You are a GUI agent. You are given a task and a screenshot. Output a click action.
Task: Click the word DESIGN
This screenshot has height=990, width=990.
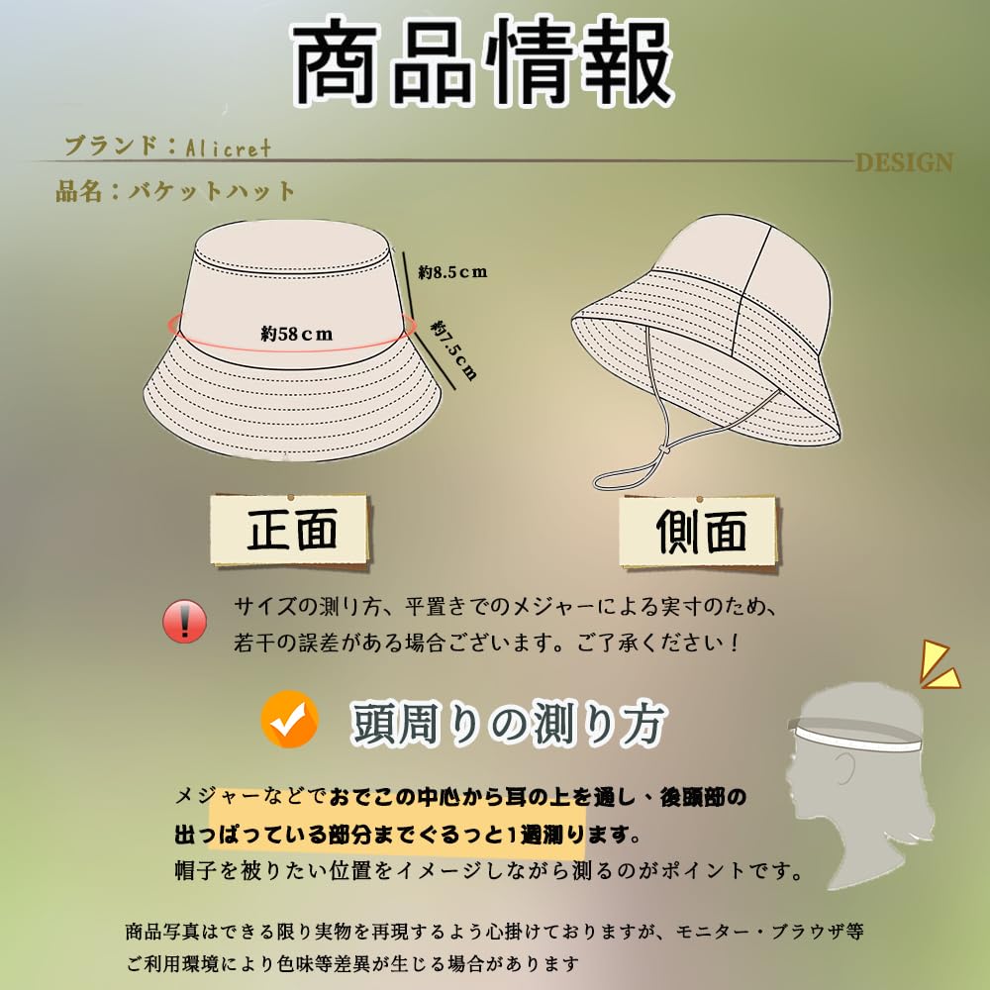[903, 163]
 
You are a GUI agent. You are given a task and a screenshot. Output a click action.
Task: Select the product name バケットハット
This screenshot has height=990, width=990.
[211, 191]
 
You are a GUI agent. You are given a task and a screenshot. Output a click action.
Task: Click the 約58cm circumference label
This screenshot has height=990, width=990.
[297, 334]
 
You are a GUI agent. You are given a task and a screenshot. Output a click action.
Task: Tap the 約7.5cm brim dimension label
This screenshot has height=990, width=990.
[454, 348]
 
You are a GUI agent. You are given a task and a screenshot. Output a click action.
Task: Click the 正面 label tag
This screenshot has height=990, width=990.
[291, 530]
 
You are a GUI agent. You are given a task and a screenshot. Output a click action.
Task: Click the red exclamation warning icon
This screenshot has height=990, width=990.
[185, 622]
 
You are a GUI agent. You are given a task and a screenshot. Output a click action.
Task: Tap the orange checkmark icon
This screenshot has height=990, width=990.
[289, 721]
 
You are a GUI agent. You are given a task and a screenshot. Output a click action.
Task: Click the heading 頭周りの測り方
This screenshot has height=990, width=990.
[506, 725]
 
